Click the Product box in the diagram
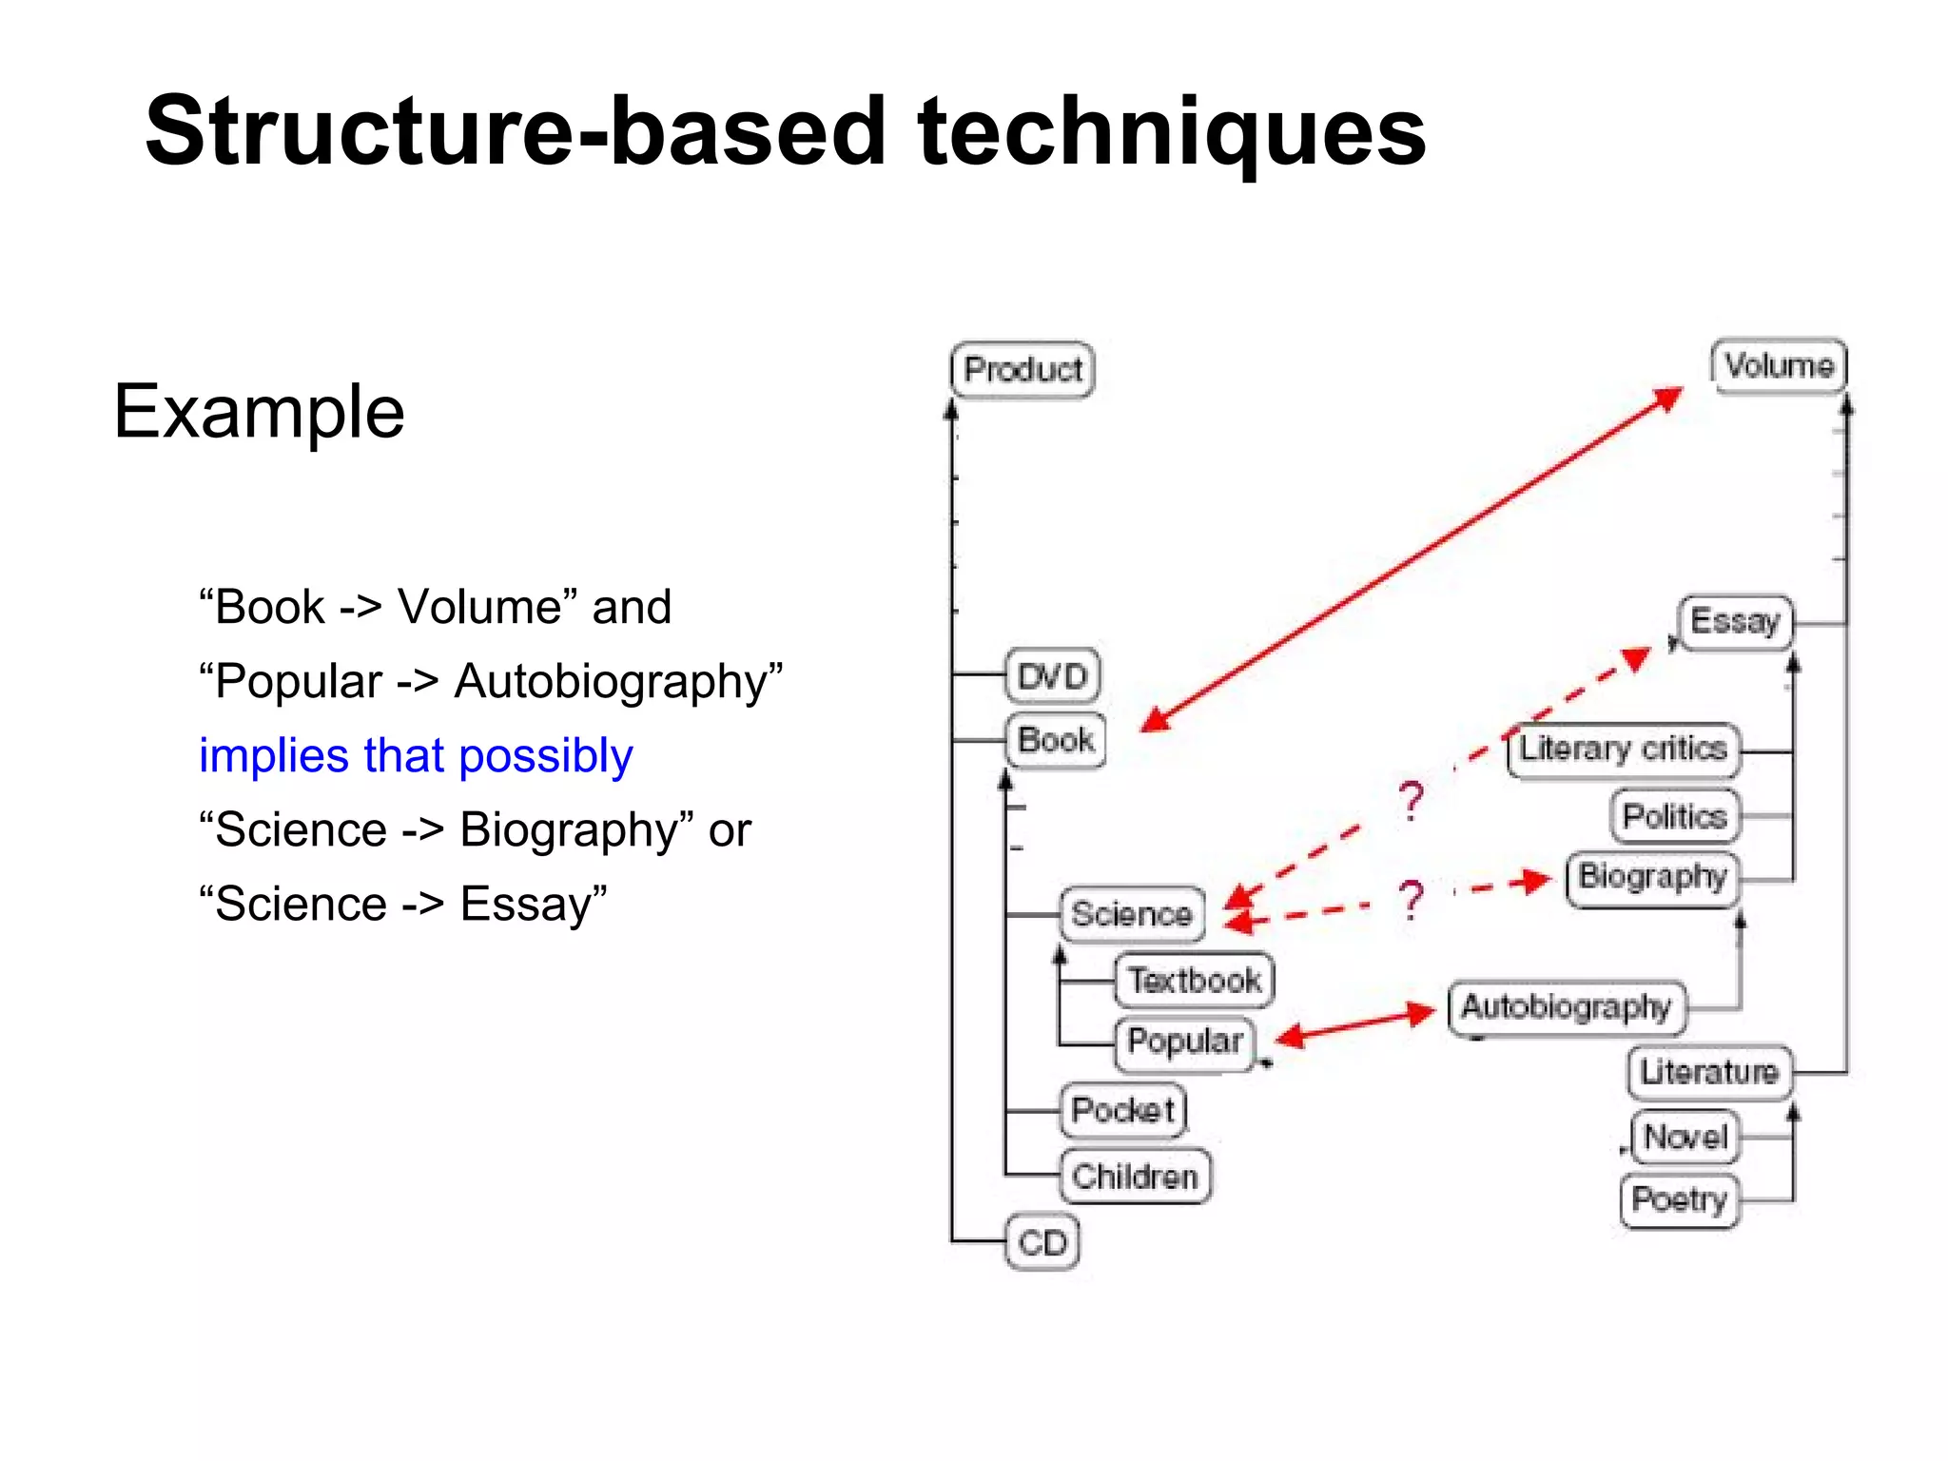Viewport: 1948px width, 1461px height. pos(1023,370)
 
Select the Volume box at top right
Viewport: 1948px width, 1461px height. pos(1779,365)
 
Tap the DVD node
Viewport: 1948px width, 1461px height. pos(1053,676)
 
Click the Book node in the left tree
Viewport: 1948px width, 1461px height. pos(1056,740)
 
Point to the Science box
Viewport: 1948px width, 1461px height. pos(1132,914)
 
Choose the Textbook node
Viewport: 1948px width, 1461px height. pos(1195,980)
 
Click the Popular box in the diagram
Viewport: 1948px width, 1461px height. pos(1185,1042)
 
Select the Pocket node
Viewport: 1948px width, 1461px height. pos(1123,1110)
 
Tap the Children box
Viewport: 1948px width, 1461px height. pos(1135,1177)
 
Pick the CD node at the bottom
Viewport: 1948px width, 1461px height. pos(1042,1242)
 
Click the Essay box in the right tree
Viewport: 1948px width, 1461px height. pos(1735,622)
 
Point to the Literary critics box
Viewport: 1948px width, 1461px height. pos(1623,750)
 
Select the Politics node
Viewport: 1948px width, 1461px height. pos(1675,816)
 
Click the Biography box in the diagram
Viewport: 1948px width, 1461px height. pos(1652,877)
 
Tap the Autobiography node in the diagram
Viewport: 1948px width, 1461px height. pos(1566,1007)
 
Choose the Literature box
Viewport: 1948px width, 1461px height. pos(1709,1072)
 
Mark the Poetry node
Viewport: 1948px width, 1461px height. pos(1679,1200)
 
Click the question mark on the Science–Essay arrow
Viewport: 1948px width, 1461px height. pos(1412,801)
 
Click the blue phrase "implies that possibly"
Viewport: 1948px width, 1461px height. pos(416,756)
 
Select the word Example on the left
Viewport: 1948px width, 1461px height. pos(259,412)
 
